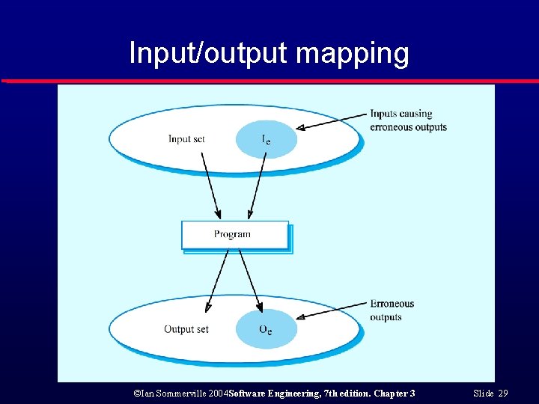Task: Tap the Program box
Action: tap(234, 234)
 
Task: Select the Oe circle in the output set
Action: tap(266, 329)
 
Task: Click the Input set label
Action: tap(190, 138)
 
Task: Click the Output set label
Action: tap(186, 329)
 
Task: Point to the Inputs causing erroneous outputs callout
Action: tap(408, 120)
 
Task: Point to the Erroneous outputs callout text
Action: tap(392, 310)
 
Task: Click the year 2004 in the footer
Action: tap(216, 393)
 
